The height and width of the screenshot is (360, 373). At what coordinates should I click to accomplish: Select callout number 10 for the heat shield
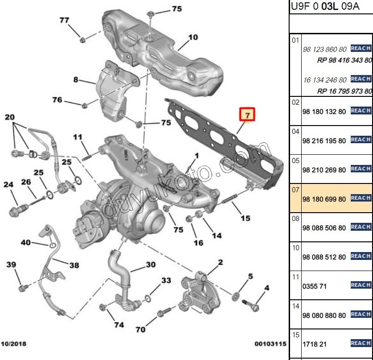pyautogui.click(x=193, y=37)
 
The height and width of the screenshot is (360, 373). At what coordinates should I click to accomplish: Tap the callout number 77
pyautogui.click(x=64, y=20)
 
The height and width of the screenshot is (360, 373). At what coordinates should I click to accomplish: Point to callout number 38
pyautogui.click(x=74, y=265)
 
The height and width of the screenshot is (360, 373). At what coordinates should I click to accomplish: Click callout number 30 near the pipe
pyautogui.click(x=150, y=265)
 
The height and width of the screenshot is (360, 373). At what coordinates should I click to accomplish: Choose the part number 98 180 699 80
pyautogui.click(x=324, y=198)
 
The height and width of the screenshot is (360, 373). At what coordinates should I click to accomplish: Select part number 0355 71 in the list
pyautogui.click(x=314, y=286)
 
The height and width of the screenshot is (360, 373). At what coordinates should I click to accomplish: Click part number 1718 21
pyautogui.click(x=314, y=345)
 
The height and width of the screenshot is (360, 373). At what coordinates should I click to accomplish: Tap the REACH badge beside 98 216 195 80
pyautogui.click(x=360, y=139)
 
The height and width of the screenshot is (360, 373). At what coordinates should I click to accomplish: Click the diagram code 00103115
pyautogui.click(x=270, y=344)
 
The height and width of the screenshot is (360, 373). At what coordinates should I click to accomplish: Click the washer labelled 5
pyautogui.click(x=237, y=295)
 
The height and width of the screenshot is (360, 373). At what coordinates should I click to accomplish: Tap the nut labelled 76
pyautogui.click(x=84, y=105)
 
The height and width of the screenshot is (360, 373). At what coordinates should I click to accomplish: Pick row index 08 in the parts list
pyautogui.click(x=295, y=219)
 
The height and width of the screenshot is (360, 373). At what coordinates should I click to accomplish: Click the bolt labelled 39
pyautogui.click(x=22, y=289)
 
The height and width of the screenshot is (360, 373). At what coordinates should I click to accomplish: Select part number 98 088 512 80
pyautogui.click(x=324, y=257)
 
